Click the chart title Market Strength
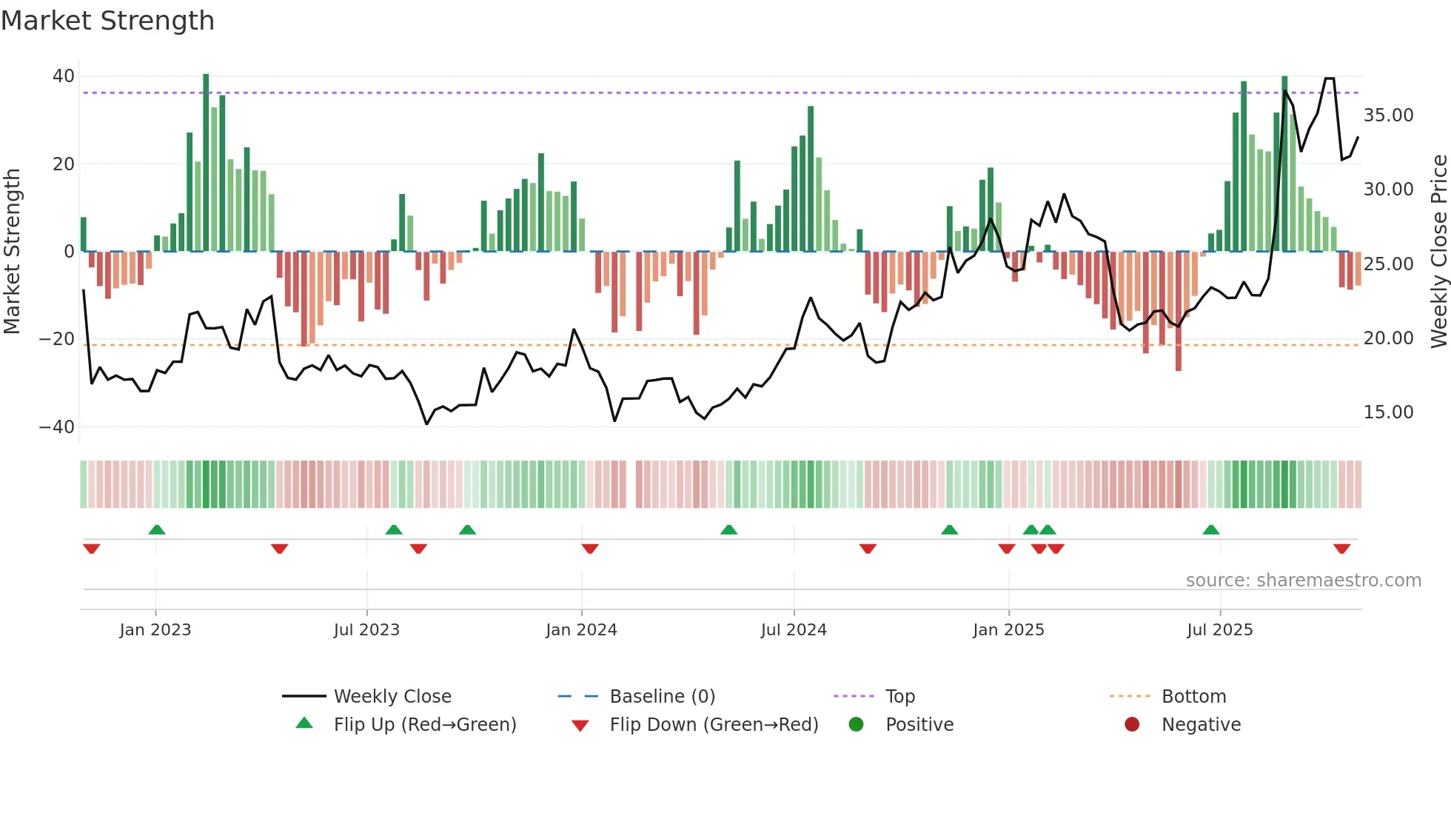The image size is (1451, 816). [107, 21]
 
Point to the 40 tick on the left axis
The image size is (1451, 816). [64, 76]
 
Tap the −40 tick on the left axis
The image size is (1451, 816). [57, 427]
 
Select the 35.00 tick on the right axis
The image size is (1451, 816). [1388, 116]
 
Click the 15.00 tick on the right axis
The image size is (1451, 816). [1388, 412]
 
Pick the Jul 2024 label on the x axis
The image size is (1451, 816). [794, 630]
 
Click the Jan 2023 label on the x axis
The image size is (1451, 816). [155, 630]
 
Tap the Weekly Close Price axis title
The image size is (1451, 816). [1438, 252]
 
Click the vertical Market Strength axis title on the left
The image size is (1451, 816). [12, 252]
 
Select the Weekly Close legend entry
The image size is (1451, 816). [392, 697]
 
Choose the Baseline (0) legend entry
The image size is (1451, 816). [662, 697]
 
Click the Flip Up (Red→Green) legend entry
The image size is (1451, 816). [424, 725]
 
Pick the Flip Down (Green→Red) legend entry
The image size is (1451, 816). [714, 725]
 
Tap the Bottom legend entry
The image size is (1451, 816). [1193, 697]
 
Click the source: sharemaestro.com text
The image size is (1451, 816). [1303, 581]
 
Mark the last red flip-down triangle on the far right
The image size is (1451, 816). [1341, 549]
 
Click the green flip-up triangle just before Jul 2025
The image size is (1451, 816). [1211, 530]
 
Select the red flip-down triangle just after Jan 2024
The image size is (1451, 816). [590, 549]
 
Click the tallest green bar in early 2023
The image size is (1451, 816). [206, 163]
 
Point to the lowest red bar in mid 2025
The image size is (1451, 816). [1179, 311]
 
